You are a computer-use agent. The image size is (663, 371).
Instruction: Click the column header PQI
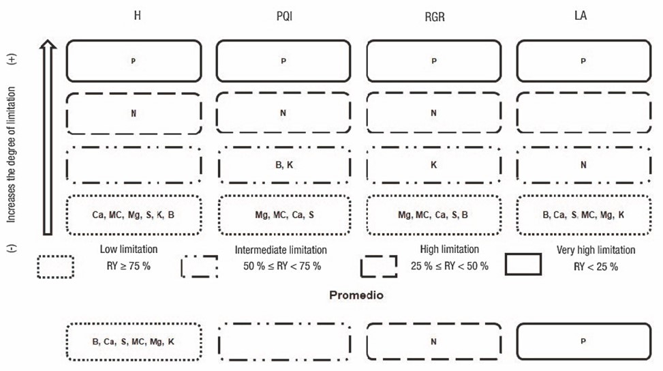283,16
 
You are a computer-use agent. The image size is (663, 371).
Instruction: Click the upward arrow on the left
46,136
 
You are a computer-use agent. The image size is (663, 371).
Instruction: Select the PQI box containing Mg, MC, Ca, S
283,215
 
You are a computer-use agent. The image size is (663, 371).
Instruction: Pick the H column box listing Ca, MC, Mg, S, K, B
134,215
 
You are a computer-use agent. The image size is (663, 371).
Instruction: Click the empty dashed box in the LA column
583,113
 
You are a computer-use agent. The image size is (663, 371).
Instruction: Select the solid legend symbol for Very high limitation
523,264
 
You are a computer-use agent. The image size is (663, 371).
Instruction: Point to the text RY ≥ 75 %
128,265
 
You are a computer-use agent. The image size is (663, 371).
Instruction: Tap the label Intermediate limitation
281,250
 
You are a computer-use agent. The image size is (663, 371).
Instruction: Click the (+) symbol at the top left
12,59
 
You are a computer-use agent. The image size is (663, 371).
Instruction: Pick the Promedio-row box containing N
433,341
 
